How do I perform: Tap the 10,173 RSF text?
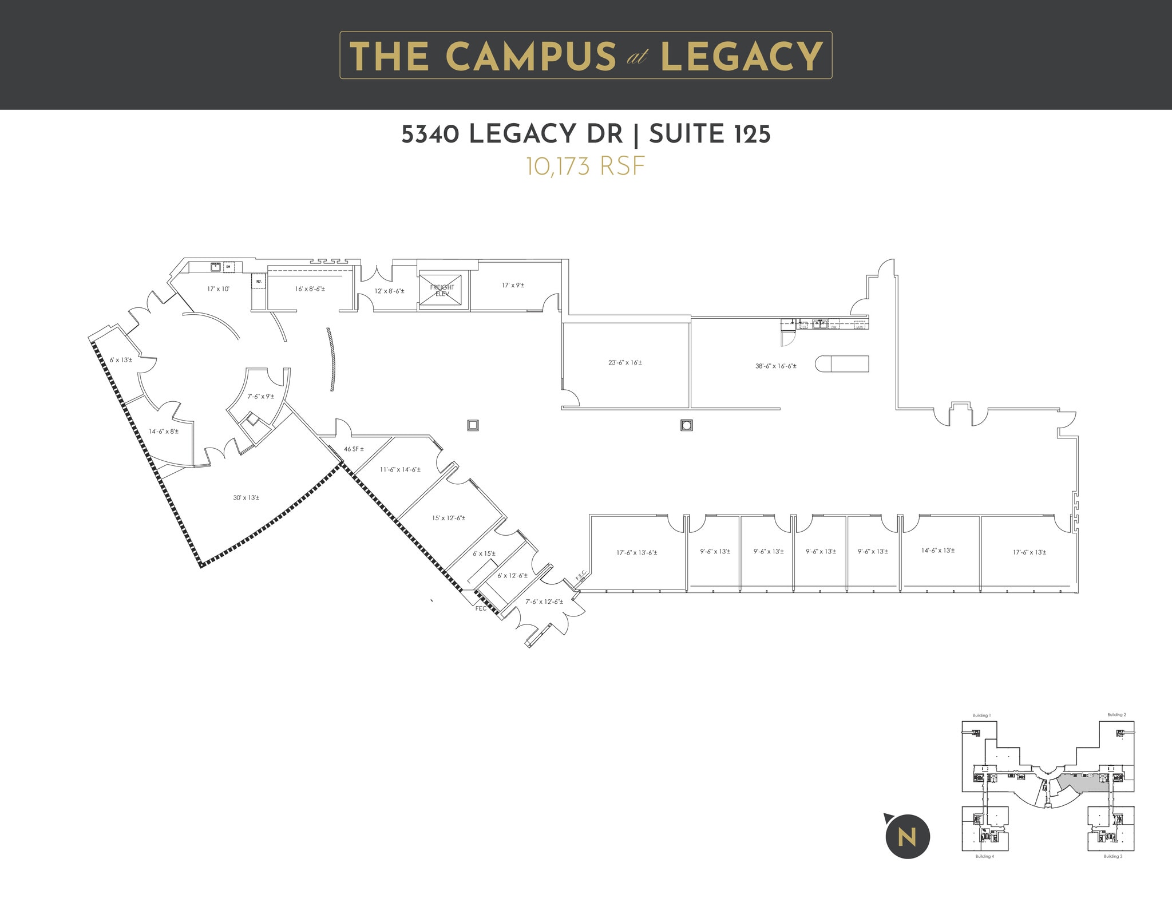click(585, 167)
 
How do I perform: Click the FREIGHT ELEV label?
click(442, 290)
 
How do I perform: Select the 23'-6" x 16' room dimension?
click(625, 362)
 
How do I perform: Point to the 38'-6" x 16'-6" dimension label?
click(775, 366)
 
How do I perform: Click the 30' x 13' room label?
click(246, 497)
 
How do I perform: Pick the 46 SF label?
click(354, 449)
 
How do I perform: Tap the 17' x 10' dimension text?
click(218, 289)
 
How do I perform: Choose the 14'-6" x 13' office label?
click(938, 551)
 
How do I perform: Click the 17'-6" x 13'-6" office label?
click(636, 553)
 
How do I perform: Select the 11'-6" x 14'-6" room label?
click(400, 469)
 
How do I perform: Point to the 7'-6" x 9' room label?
click(260, 396)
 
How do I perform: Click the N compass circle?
click(908, 837)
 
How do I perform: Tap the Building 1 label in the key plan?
click(981, 715)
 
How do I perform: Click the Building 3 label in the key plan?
click(1113, 857)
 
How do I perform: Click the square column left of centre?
click(473, 425)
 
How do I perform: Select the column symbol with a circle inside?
click(687, 425)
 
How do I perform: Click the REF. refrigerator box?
click(259, 282)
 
